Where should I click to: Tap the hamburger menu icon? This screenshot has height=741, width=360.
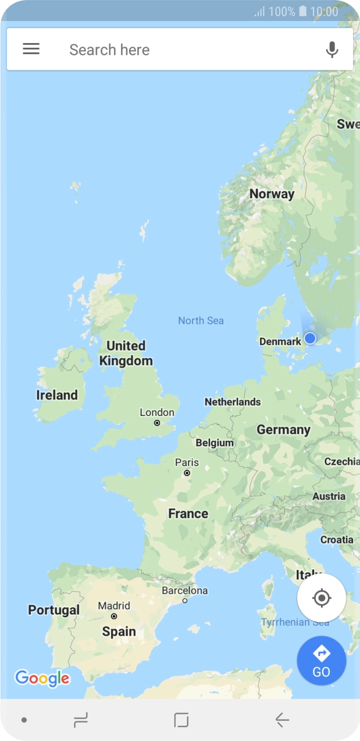(x=31, y=49)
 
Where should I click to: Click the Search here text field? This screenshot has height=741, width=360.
(x=174, y=50)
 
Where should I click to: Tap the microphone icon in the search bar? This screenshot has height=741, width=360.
(x=332, y=50)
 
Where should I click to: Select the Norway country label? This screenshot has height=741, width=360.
(x=272, y=194)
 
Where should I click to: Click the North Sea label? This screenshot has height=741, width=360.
(x=201, y=320)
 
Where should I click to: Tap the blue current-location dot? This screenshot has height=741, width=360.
(x=310, y=338)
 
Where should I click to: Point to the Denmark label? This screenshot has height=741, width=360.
(x=280, y=341)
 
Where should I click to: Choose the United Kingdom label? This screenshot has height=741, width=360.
(x=126, y=353)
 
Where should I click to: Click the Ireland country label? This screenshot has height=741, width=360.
(x=57, y=395)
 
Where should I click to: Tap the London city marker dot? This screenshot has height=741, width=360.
(x=157, y=423)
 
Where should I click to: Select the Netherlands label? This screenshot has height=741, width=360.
(x=233, y=402)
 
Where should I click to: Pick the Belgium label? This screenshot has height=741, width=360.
(x=215, y=443)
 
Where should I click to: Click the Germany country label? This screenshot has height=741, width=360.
(x=283, y=430)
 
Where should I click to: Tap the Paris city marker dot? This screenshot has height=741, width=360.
(x=187, y=473)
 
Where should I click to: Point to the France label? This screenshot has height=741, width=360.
(x=188, y=514)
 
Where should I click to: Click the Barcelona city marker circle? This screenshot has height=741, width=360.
(x=185, y=600)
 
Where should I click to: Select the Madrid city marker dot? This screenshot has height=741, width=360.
(x=114, y=616)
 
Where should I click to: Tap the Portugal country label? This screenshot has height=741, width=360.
(x=54, y=610)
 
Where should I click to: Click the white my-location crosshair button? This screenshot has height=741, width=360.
(x=321, y=598)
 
